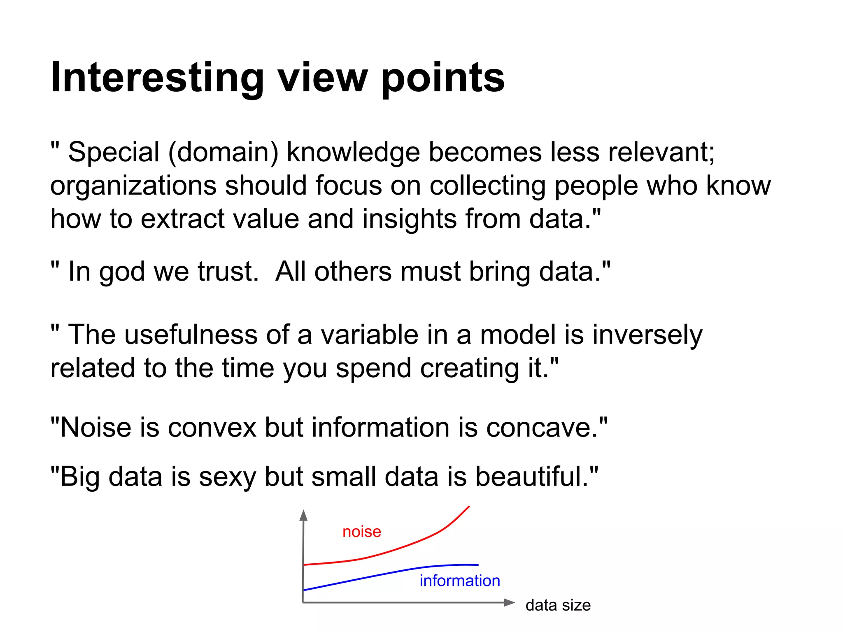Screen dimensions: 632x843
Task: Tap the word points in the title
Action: point(443,78)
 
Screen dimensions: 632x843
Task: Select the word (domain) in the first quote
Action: point(223,152)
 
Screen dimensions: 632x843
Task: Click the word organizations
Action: point(133,186)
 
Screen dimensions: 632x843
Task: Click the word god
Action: point(122,272)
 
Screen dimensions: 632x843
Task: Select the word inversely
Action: point(647,335)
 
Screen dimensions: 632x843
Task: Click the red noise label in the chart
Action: point(361,532)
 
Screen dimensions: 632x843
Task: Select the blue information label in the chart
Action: point(459,581)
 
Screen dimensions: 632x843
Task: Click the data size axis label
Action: point(558,605)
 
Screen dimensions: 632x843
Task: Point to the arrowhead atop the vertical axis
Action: point(304,515)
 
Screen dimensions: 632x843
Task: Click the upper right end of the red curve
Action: point(469,507)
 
